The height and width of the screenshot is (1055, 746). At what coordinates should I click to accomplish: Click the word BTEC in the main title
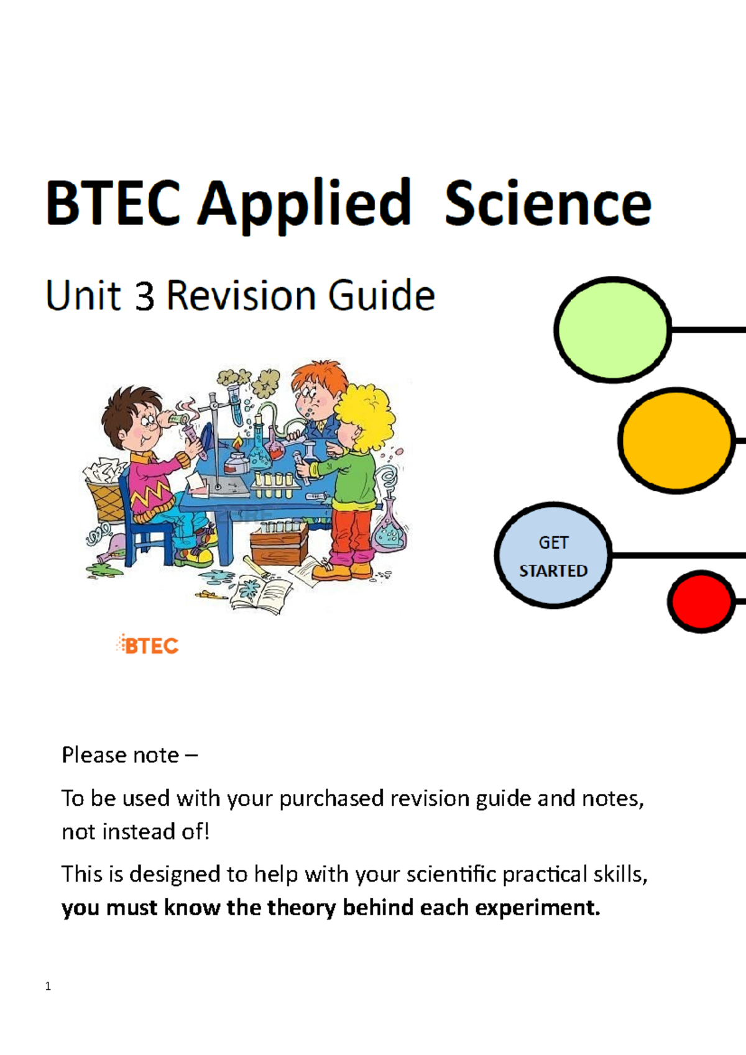click(113, 203)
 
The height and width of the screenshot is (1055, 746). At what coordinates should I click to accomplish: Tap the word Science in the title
click(548, 203)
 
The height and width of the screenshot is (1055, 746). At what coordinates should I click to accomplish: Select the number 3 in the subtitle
click(144, 296)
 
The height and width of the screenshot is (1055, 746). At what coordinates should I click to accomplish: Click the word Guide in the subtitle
click(381, 295)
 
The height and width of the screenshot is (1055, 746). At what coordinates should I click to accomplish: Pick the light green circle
click(612, 329)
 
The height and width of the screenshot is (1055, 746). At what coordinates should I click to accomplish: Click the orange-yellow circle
click(676, 440)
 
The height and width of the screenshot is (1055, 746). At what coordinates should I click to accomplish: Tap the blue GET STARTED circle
click(553, 555)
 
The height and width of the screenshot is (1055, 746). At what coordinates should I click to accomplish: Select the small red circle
click(701, 601)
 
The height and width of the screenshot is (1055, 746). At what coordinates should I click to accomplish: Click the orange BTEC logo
click(148, 645)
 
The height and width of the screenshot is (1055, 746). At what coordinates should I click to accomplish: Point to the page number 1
click(48, 986)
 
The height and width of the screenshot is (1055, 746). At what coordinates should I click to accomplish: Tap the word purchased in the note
click(331, 798)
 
